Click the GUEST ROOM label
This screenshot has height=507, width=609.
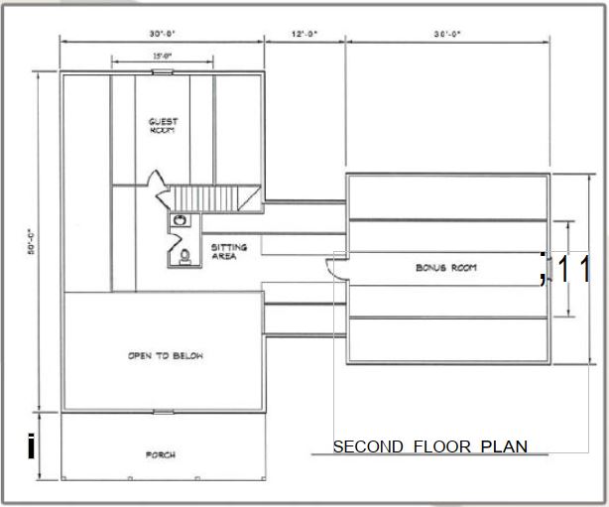[162, 125]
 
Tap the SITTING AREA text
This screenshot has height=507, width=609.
[228, 252]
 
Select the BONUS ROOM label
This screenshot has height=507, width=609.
[446, 268]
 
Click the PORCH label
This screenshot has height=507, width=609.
[161, 455]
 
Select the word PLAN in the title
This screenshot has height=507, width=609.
[504, 447]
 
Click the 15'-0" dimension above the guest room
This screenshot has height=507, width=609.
[162, 57]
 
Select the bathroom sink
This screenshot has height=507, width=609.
[181, 219]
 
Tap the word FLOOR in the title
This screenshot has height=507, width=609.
[438, 447]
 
